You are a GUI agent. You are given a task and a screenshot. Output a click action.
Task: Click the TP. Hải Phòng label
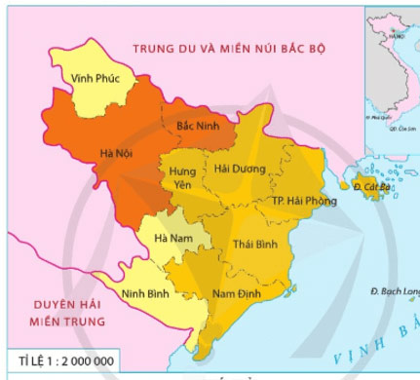(304, 202)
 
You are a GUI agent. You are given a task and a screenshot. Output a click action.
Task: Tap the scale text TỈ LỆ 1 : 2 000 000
(60, 361)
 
